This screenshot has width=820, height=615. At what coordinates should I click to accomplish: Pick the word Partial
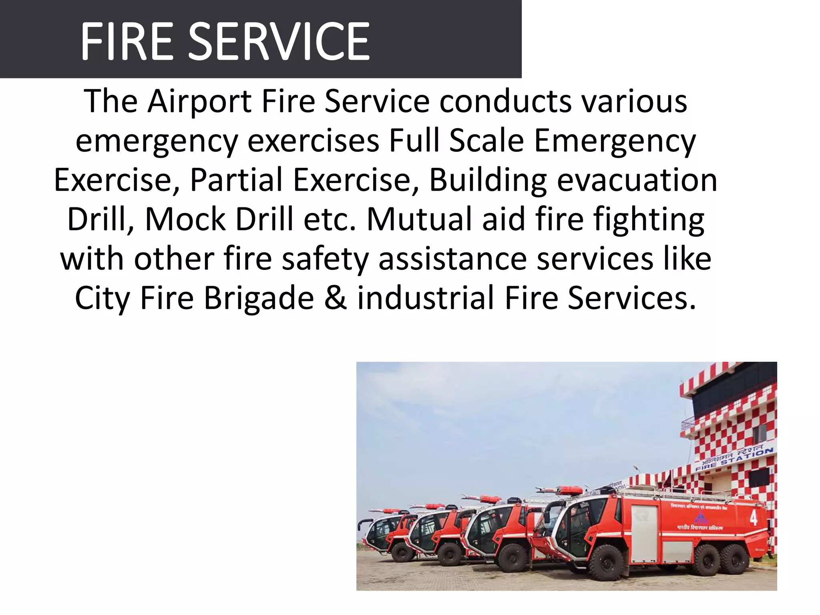[x=236, y=180]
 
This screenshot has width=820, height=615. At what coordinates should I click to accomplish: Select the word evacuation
[x=637, y=180]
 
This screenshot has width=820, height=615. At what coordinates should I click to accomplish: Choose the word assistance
[x=452, y=259]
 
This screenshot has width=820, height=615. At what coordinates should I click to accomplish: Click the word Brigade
[x=259, y=298]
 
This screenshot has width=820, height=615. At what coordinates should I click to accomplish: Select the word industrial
[x=426, y=298]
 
